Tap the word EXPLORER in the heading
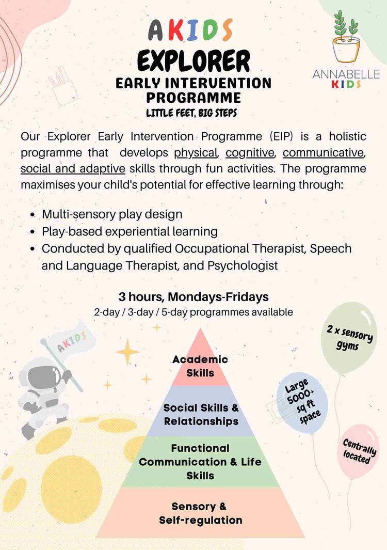[x=193, y=61]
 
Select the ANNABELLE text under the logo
[x=346, y=74]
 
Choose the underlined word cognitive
[x=250, y=153]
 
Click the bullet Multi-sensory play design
[x=112, y=214]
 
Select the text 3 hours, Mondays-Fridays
[x=193, y=297]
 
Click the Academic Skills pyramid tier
[x=200, y=366]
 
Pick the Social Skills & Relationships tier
[x=201, y=414]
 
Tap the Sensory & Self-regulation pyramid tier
[x=201, y=513]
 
